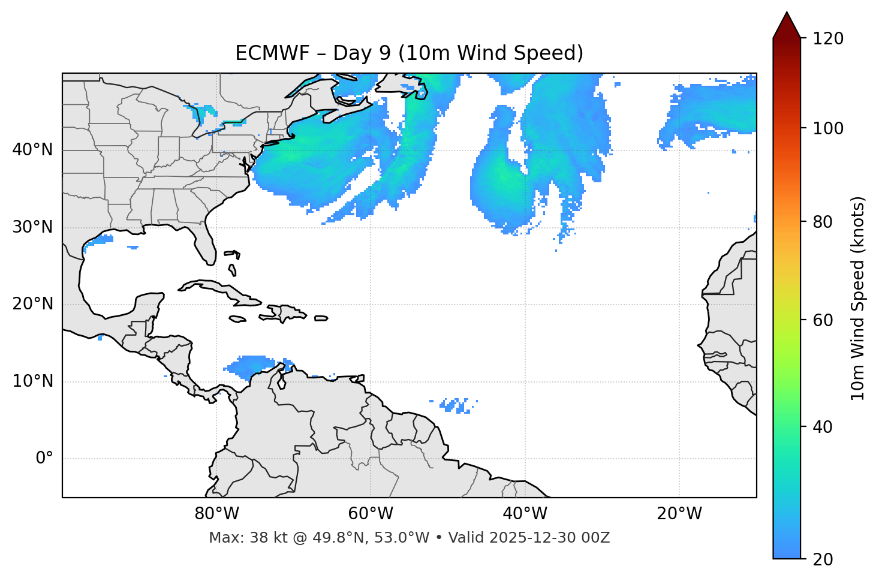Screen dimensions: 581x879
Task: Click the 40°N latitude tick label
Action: click(x=32, y=150)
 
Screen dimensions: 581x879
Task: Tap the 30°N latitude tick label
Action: click(x=32, y=227)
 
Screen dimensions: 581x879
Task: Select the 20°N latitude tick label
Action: click(x=32, y=304)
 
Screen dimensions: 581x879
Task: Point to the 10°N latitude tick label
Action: click(x=32, y=381)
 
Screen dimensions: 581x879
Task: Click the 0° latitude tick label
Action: click(x=44, y=459)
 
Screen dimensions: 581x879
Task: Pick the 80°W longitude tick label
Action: click(x=216, y=514)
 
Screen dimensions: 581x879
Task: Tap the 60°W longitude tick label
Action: click(x=371, y=514)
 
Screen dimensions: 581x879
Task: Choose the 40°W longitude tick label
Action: click(x=525, y=514)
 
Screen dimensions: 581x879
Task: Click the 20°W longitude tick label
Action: click(x=679, y=514)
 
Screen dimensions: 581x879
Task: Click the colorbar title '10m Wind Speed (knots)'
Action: click(x=858, y=298)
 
